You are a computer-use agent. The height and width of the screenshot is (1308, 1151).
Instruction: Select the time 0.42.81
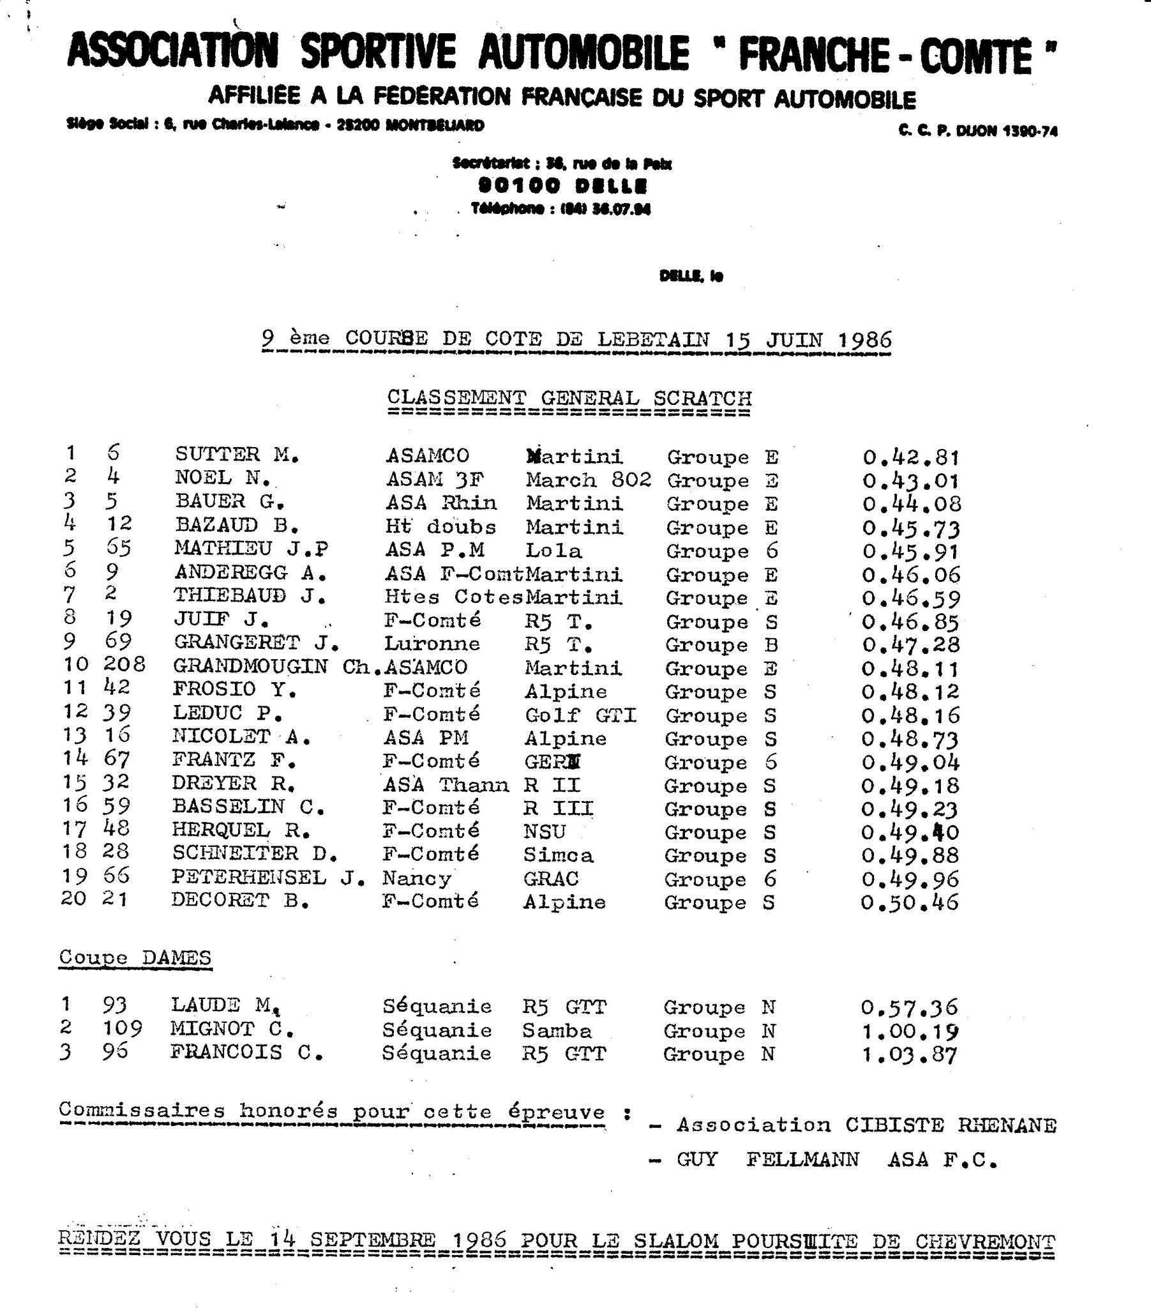click(x=911, y=457)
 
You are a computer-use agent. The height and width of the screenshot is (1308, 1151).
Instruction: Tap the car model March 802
click(x=589, y=480)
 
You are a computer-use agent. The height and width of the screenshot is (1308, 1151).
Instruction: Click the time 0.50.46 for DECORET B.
click(x=909, y=903)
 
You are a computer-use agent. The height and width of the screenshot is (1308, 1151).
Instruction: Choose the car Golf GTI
click(x=580, y=715)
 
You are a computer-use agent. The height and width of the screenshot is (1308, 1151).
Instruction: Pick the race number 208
click(x=124, y=664)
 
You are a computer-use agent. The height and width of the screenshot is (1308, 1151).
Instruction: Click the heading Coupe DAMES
click(x=135, y=958)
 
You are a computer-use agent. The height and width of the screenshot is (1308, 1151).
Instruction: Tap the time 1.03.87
click(x=909, y=1054)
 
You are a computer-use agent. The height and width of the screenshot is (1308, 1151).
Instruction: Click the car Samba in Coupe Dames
click(x=557, y=1031)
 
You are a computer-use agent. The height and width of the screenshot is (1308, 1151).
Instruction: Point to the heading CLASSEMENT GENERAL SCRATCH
click(x=569, y=398)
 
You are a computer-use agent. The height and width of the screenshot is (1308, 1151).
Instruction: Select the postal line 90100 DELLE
click(x=563, y=186)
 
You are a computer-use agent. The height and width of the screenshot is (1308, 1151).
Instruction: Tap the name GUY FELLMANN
click(x=768, y=1160)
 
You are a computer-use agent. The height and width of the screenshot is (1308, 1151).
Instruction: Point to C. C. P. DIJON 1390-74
click(x=977, y=131)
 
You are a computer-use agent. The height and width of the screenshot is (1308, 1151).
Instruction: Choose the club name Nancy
click(x=416, y=879)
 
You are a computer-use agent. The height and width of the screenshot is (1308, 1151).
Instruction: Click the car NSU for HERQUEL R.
click(x=545, y=832)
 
